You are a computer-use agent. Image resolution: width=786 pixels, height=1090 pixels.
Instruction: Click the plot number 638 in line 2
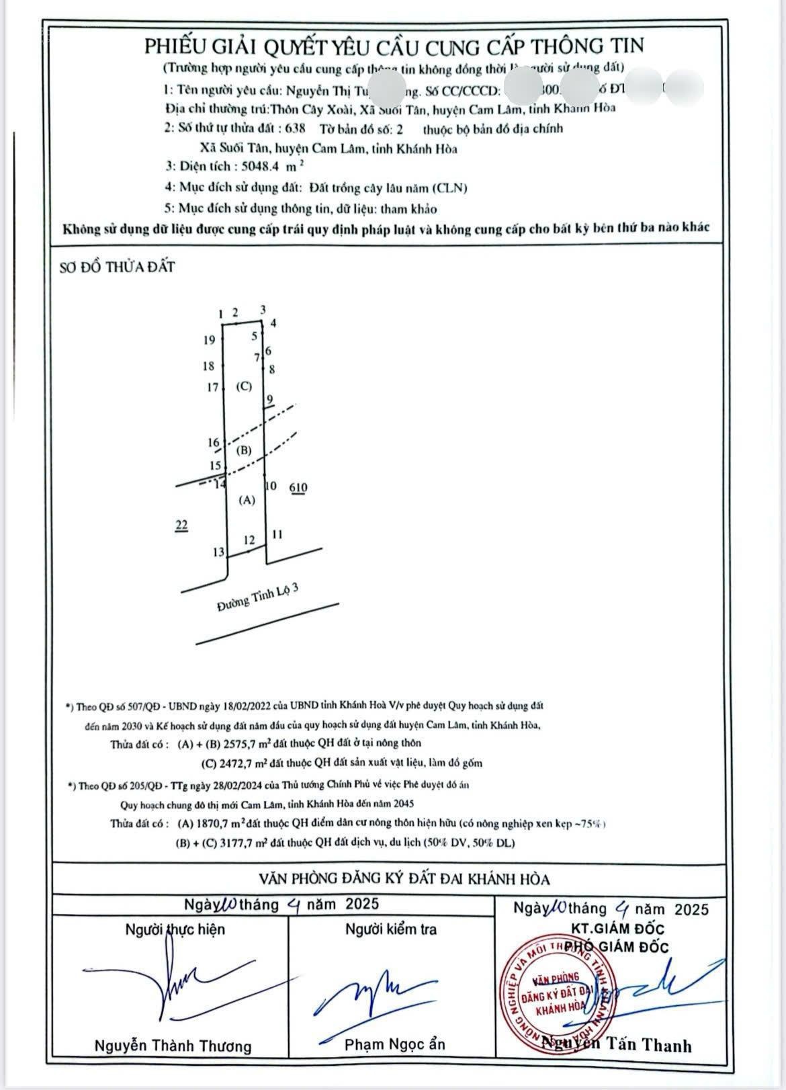click(x=294, y=129)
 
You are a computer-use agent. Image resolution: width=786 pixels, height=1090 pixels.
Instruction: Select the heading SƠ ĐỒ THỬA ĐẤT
click(x=117, y=267)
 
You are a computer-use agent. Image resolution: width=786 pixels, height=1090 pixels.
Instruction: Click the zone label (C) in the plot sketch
click(x=244, y=386)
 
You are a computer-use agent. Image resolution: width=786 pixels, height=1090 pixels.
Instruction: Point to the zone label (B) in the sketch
click(x=244, y=450)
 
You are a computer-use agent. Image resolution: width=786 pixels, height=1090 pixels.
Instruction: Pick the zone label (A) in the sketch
click(x=248, y=500)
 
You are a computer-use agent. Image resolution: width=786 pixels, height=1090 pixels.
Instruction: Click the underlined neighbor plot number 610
click(x=298, y=488)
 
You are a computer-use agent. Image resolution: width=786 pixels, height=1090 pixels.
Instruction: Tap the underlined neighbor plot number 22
click(x=181, y=525)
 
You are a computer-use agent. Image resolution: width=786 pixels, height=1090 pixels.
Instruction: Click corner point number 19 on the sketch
click(x=209, y=340)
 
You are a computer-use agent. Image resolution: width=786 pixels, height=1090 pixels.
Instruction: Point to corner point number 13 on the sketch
click(x=218, y=552)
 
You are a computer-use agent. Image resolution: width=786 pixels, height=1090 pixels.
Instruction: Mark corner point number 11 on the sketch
click(x=277, y=535)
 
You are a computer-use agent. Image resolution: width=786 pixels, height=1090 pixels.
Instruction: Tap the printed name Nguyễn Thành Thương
click(x=173, y=1046)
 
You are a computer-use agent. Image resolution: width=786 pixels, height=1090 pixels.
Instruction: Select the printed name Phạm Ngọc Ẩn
click(x=394, y=1044)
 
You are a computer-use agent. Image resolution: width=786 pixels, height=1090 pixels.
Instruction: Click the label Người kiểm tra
click(x=391, y=929)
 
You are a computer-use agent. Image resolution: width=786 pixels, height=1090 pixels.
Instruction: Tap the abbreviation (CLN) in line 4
click(x=449, y=188)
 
